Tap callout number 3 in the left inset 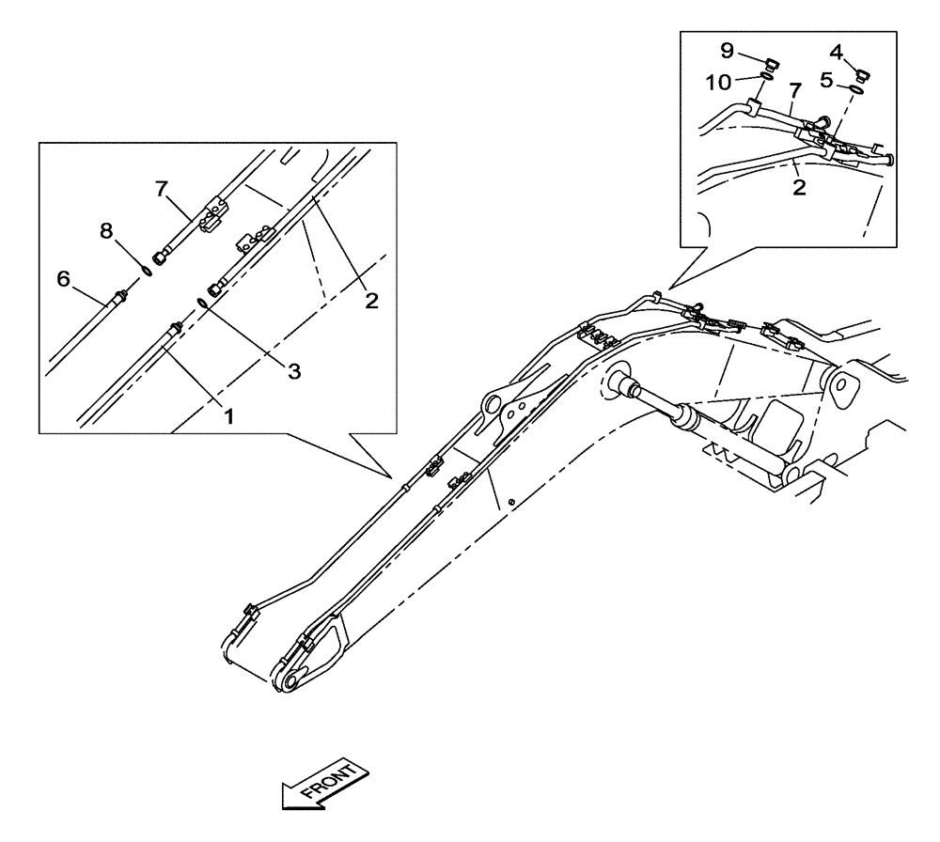coord(293,371)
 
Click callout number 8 coord(105,231)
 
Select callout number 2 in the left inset coord(371,301)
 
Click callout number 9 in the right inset coord(727,51)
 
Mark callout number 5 coord(826,81)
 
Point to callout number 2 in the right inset coord(798,186)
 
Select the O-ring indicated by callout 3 coord(203,303)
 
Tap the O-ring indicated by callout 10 coord(766,80)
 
